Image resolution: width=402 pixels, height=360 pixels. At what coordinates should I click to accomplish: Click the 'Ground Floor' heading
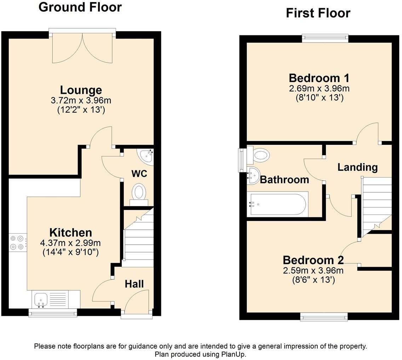click(80, 7)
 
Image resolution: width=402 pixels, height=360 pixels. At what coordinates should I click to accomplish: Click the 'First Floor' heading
click(318, 13)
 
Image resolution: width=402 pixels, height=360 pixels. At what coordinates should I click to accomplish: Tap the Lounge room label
click(81, 90)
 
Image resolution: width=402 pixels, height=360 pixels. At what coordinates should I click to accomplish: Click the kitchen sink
click(41, 299)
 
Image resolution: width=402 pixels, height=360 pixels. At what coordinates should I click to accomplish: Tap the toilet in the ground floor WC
click(139, 193)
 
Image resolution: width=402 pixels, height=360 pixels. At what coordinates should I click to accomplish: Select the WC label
click(139, 174)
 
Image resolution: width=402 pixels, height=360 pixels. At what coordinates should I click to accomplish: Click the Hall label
click(134, 284)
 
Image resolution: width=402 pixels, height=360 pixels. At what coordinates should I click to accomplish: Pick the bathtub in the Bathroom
click(277, 204)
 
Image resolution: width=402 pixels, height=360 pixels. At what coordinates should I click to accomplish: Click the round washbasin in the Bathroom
click(253, 175)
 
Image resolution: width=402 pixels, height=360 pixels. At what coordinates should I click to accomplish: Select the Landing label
click(357, 167)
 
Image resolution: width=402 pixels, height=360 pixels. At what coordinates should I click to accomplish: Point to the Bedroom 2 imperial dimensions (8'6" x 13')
click(313, 280)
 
